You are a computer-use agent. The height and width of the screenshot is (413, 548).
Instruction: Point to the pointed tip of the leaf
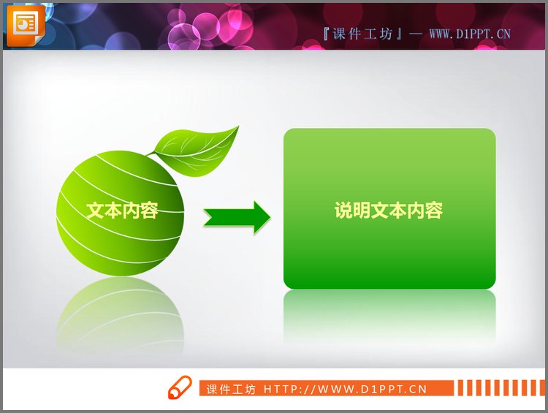click(x=237, y=128)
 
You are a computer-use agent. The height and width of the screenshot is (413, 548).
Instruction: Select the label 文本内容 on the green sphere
click(x=122, y=211)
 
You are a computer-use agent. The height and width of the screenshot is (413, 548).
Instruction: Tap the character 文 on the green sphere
click(x=96, y=211)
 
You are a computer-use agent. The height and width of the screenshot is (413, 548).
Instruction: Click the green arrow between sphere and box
click(x=236, y=217)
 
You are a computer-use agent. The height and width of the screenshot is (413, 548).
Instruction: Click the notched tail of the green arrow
click(x=208, y=217)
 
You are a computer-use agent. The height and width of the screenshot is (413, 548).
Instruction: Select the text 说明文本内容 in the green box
click(x=389, y=211)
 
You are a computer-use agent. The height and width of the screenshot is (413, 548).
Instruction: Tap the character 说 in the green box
click(x=344, y=211)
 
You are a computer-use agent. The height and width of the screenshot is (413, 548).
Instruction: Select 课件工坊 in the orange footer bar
click(x=231, y=389)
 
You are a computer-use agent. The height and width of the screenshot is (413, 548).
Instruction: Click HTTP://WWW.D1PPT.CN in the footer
click(x=345, y=389)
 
